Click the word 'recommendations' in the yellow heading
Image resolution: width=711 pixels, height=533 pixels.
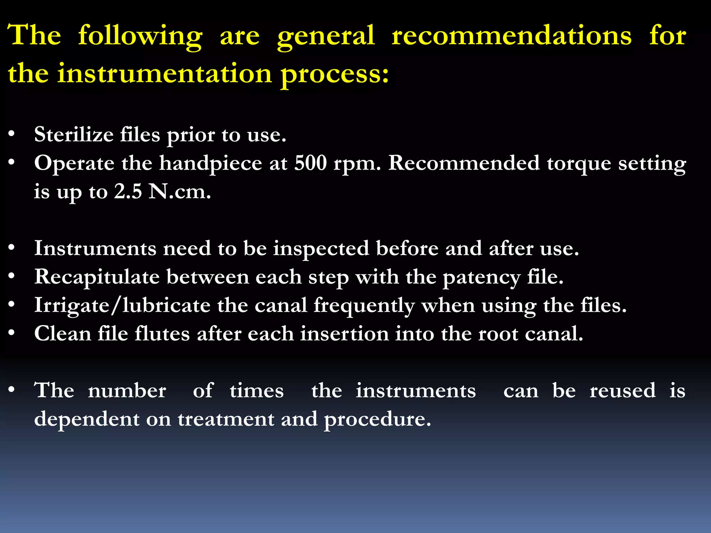pos(511,35)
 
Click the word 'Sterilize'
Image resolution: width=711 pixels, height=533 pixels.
pos(74,134)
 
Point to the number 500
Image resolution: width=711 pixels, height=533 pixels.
pos(310,163)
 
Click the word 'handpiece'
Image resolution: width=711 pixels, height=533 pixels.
pos(210,163)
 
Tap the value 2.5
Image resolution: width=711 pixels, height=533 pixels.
pos(128,191)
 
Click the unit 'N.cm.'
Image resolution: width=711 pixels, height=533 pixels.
pos(179,191)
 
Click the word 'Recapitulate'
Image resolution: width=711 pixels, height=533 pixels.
pos(97,277)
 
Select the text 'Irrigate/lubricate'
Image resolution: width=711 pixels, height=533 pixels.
pos(122,306)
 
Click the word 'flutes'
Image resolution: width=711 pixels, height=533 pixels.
pos(162,334)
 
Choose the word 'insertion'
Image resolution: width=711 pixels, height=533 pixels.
pos(344,334)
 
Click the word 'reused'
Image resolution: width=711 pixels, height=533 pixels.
pos(623,390)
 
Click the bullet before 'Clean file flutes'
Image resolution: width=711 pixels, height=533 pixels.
pos(11,333)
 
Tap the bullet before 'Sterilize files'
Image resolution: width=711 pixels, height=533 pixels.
pos(11,134)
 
